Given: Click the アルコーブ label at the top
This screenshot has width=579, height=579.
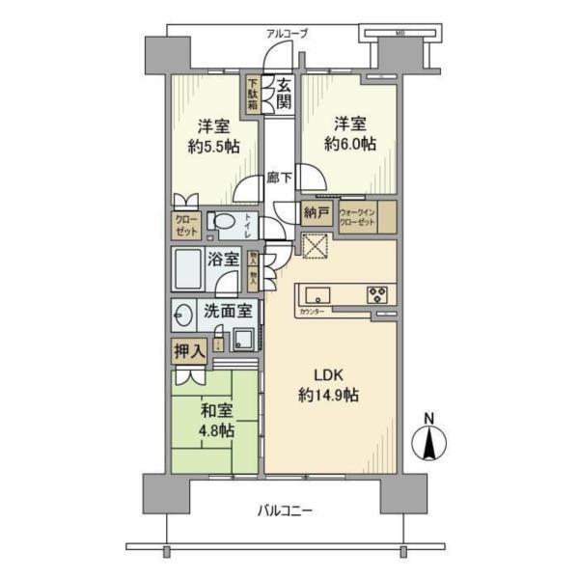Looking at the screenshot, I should tap(288, 34).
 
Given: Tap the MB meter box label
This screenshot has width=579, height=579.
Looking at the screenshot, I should tap(399, 34).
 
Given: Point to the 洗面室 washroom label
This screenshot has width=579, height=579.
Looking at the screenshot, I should tap(227, 311).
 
